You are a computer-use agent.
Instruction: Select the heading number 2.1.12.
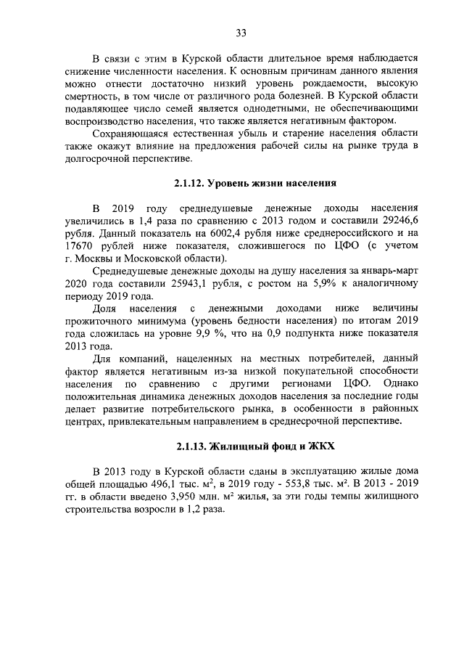point(191,182)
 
